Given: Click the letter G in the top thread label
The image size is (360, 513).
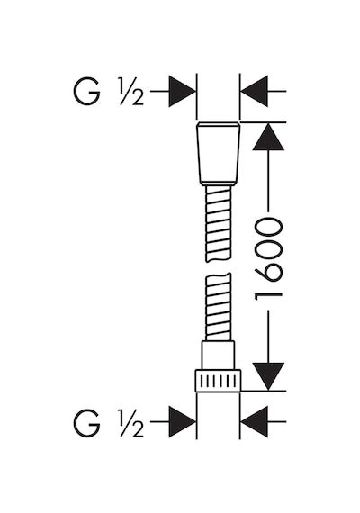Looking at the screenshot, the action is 86,93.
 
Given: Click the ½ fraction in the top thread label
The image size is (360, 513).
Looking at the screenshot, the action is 131,94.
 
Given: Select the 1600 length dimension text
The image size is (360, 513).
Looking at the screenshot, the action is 268,260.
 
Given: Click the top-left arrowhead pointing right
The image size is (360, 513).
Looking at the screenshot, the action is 182,91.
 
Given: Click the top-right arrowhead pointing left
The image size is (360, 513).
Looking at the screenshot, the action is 255,91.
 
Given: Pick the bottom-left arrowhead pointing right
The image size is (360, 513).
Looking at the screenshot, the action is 182,422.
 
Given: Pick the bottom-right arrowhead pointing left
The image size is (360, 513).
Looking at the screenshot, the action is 255,422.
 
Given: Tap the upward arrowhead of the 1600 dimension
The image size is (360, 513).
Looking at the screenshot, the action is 268,137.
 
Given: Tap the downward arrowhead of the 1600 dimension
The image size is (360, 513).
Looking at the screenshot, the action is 268,376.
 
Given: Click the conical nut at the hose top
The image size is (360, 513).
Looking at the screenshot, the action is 219,154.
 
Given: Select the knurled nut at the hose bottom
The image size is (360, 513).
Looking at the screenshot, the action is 218,381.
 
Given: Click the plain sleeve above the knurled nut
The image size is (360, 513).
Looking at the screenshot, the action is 219,355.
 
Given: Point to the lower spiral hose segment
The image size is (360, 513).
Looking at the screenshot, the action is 218,307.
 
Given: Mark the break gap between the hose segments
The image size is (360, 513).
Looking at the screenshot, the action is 219,267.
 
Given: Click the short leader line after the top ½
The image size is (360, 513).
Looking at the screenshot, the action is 159,91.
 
